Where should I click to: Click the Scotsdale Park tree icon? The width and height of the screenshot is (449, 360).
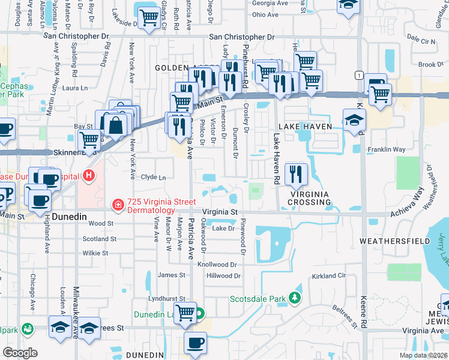[294, 298]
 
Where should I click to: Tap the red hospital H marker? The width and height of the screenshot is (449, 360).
[89, 176]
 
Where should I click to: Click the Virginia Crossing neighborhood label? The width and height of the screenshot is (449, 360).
[310, 199]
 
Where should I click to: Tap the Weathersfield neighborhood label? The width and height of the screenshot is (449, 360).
[394, 241]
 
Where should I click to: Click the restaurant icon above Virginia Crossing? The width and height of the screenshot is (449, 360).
[296, 174]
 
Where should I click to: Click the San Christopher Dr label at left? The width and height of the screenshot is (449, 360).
[78, 36]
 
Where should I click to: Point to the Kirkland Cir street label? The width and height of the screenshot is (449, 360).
[329, 275]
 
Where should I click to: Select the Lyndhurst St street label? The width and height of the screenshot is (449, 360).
[167, 298]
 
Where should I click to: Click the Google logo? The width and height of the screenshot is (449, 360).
[20, 353]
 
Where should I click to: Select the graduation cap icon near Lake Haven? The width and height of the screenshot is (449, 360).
[354, 119]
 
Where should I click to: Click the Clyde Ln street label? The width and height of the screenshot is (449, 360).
[153, 178]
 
